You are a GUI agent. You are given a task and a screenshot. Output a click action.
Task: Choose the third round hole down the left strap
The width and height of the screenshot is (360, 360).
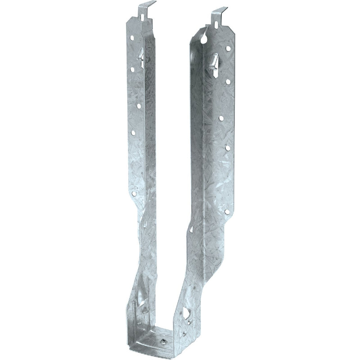tap(138, 106)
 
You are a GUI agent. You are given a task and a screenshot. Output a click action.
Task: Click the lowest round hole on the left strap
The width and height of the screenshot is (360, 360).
tap(134, 193)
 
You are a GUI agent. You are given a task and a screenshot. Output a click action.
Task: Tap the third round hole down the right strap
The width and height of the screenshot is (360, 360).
tap(221, 118)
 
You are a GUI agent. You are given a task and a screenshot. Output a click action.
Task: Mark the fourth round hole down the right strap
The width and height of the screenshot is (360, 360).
tap(228, 148)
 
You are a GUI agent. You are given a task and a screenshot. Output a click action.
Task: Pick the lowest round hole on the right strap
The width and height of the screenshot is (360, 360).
tap(227, 210)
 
